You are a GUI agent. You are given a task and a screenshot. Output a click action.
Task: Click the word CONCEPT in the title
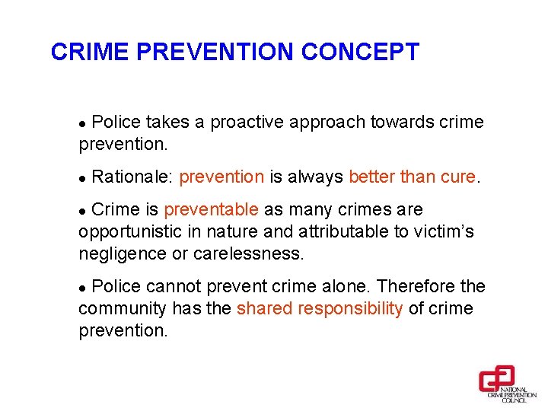pyautogui.click(x=360, y=52)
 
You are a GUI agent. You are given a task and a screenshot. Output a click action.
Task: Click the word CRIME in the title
pyautogui.click(x=83, y=52)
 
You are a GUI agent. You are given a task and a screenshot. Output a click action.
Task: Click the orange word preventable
pyautogui.click(x=211, y=209)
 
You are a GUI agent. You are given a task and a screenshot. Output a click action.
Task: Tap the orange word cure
pyautogui.click(x=458, y=177)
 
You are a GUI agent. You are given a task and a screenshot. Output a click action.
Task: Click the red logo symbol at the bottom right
pyautogui.click(x=496, y=378)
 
